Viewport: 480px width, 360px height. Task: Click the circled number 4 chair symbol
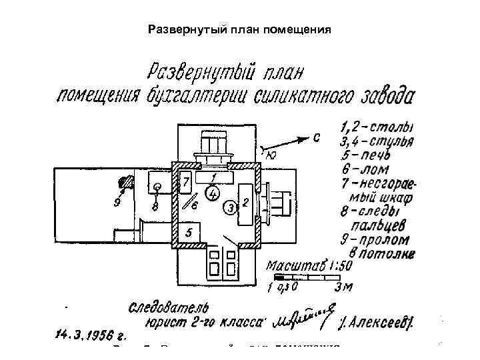pos(213,194)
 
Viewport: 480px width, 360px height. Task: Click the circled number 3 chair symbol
pos(230,207)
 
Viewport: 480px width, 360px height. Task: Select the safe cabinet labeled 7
pos(187,182)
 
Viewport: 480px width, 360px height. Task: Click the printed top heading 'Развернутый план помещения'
pos(239,30)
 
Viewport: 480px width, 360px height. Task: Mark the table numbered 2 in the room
pos(245,204)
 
